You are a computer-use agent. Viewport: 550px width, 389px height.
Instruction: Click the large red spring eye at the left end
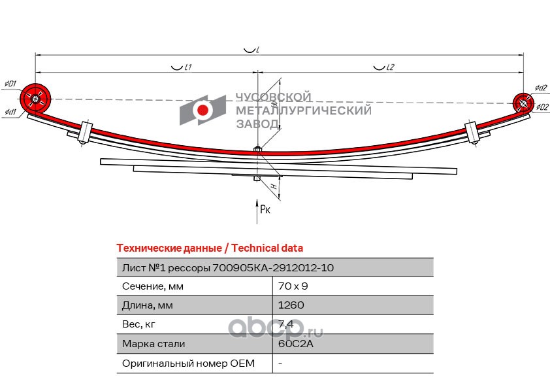[x=35, y=99]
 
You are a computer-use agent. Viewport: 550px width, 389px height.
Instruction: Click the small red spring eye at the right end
[x=522, y=103]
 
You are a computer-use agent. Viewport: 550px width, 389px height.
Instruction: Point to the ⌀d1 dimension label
[x=10, y=112]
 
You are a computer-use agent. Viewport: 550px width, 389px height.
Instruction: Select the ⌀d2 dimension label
[x=540, y=88]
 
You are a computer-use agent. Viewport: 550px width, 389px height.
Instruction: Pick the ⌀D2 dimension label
[x=540, y=108]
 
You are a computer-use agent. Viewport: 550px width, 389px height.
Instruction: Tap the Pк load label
[x=265, y=209]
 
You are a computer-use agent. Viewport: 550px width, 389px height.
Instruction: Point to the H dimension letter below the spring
[x=275, y=186]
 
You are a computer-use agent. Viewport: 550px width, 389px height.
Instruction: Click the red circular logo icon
[x=203, y=110]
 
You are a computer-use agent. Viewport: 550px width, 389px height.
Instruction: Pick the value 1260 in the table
[x=291, y=305]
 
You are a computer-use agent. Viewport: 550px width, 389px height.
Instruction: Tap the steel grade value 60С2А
[x=292, y=343]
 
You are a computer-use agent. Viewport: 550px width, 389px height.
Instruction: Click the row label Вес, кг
[x=139, y=324]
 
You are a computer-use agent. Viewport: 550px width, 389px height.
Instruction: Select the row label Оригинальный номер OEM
[x=187, y=363]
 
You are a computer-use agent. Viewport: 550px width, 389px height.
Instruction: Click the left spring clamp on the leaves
[x=85, y=133]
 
